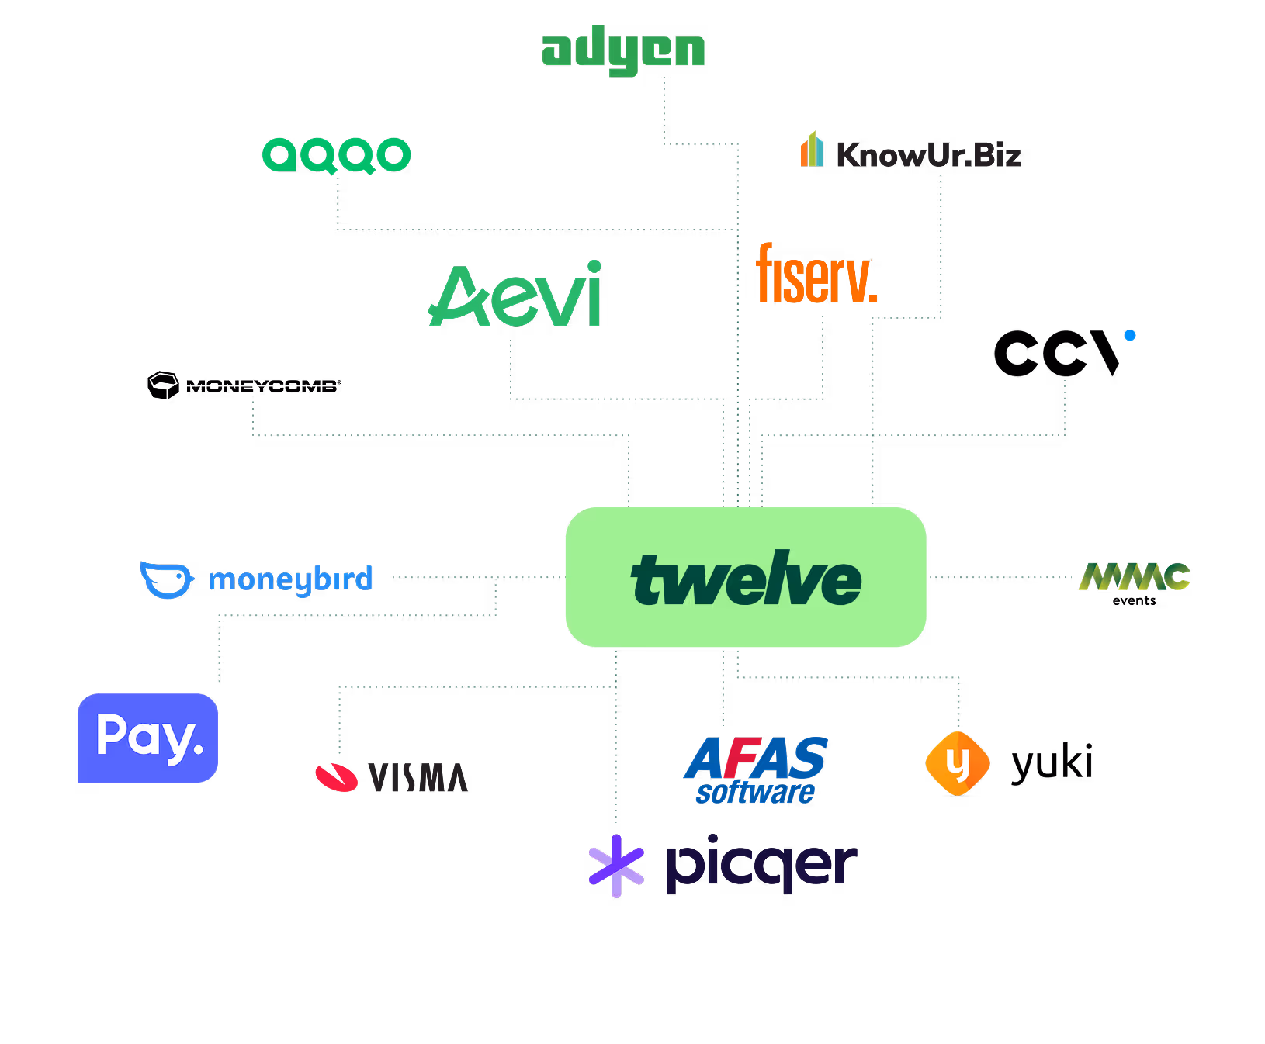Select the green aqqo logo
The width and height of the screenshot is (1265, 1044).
tap(336, 155)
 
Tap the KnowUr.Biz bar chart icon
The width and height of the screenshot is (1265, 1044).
tap(812, 150)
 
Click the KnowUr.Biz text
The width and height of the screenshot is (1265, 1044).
tap(928, 155)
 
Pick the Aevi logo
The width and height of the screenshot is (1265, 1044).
tap(515, 295)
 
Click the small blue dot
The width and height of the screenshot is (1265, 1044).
tap(1130, 335)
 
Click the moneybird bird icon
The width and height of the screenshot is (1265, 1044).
tap(166, 579)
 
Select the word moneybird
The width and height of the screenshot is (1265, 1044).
tap(290, 579)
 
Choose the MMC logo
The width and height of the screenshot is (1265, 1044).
tap(1134, 576)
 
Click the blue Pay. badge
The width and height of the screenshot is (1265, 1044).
tap(147, 738)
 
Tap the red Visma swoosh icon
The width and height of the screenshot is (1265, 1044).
tap(336, 777)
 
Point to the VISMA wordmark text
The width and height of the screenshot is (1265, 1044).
tap(418, 778)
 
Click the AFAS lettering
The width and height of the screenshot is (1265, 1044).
tap(756, 758)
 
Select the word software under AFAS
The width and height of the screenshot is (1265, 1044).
tap(754, 793)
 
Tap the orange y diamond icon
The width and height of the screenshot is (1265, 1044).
tap(958, 764)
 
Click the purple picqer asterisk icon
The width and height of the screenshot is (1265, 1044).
tap(616, 866)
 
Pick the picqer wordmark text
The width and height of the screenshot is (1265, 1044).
tap(761, 865)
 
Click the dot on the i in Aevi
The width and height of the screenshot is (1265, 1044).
tap(594, 267)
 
